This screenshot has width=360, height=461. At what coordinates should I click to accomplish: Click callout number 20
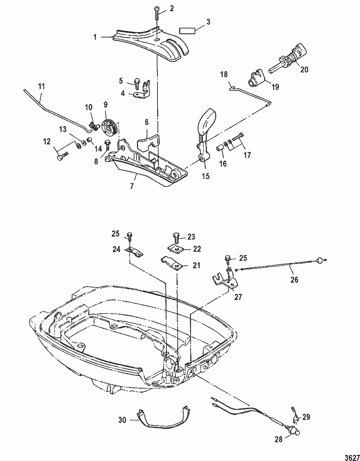click(304, 70)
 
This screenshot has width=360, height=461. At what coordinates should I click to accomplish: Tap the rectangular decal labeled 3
click(187, 31)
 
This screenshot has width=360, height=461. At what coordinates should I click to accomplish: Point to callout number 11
click(41, 86)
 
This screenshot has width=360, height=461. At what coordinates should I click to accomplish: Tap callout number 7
click(132, 186)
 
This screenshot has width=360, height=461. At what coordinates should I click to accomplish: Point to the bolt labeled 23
click(177, 239)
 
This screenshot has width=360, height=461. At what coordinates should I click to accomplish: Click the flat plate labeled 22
click(175, 248)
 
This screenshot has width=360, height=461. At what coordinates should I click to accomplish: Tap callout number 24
click(116, 250)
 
